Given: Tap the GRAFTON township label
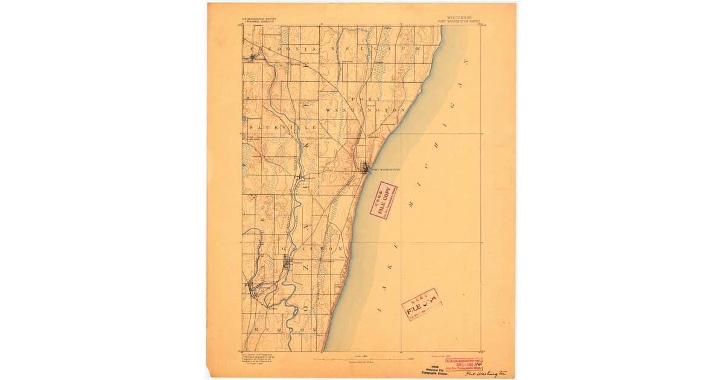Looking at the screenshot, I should coord(313,249).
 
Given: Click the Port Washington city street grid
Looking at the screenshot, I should coord(364,166).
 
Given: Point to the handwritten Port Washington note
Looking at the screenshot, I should coord(486,374).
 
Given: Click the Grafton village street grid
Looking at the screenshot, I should coord(287,262).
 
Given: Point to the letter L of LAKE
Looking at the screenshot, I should coord(380,308).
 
